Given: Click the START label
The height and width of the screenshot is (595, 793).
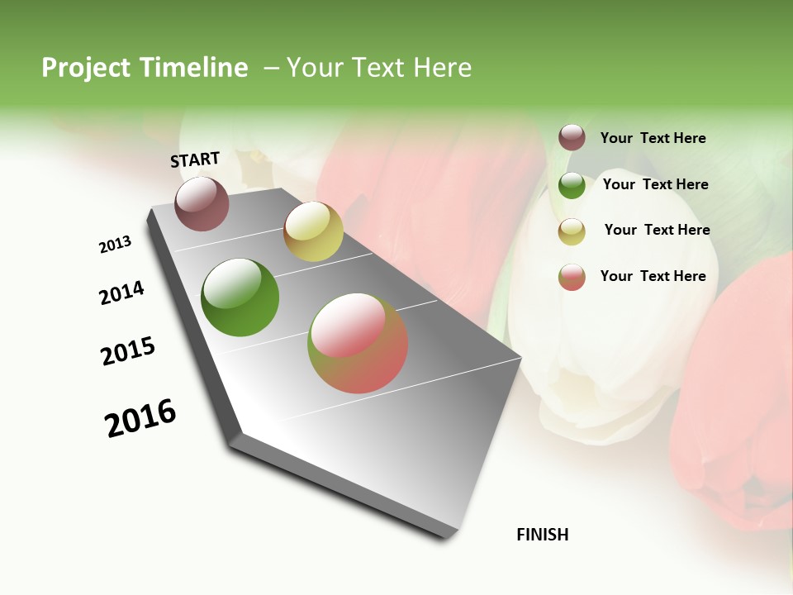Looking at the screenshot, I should [x=195, y=159].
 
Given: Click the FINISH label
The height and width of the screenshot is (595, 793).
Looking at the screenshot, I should [x=543, y=535].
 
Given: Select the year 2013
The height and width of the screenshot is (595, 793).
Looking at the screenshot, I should [x=116, y=245].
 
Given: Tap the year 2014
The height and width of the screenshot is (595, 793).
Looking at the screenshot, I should [x=122, y=293].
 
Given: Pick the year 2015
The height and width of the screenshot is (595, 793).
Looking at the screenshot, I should [x=128, y=351].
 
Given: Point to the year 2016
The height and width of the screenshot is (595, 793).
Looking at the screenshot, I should [x=140, y=417].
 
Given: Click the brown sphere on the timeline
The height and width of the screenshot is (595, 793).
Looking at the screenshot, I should [x=202, y=204].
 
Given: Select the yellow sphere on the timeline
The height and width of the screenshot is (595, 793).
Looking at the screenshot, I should [x=313, y=231].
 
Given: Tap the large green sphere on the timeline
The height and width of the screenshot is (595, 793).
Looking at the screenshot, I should [x=240, y=297].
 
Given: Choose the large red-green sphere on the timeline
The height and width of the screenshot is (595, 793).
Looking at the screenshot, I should [x=358, y=343].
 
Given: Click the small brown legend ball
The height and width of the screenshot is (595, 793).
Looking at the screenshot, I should [x=572, y=138].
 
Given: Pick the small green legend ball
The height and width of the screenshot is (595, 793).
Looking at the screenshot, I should [x=572, y=185].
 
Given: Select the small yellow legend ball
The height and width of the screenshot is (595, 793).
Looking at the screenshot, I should [x=572, y=231].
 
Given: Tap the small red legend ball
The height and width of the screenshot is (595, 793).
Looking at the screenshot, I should [x=572, y=277].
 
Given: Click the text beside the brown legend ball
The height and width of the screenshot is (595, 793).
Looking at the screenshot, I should [x=653, y=139].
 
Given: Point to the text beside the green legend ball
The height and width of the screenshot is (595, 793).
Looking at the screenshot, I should [x=656, y=184].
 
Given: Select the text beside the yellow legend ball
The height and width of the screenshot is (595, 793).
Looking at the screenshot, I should [x=658, y=230].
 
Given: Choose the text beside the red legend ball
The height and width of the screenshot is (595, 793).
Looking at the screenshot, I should [x=653, y=276].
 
